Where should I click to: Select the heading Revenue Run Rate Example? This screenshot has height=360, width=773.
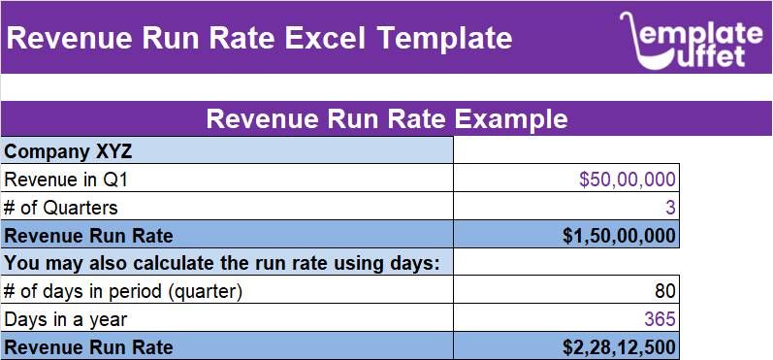tap(387, 119)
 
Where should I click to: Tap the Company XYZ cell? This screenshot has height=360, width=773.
tap(68, 151)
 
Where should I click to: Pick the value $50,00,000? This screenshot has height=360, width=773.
tap(627, 180)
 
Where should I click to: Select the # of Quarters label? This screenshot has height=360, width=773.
tap(61, 208)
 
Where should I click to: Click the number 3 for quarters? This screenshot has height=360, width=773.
tap(670, 208)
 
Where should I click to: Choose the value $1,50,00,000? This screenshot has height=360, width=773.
tap(619, 236)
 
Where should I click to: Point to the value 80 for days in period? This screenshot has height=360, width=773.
tap(665, 291)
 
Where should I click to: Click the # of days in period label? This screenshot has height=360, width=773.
tap(122, 291)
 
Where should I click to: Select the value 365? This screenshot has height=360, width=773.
tap(660, 319)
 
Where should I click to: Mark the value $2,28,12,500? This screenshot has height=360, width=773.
tap(619, 347)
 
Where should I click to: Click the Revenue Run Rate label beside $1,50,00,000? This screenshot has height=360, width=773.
tap(89, 236)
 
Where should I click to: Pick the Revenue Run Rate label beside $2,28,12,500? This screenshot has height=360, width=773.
tap(89, 347)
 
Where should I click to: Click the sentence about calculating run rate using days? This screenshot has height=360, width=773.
tap(222, 263)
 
